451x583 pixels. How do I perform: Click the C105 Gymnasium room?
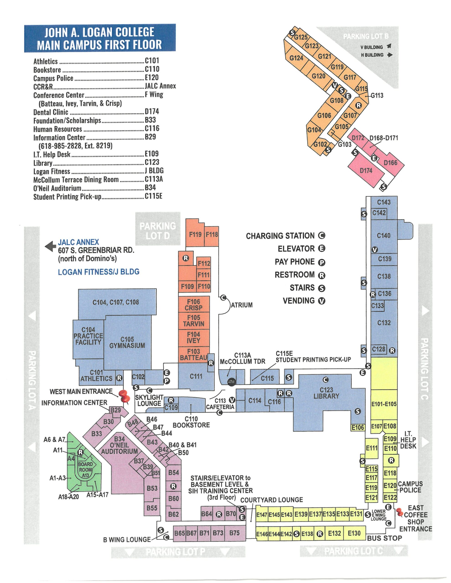(127, 343)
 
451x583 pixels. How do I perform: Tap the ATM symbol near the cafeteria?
(231, 382)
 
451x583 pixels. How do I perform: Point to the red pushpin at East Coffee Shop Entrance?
(399, 512)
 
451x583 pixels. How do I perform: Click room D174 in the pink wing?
(366, 171)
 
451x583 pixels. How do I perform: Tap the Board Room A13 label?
(85, 470)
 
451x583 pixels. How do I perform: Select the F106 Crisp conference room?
(194, 304)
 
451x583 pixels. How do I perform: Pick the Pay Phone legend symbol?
(322, 262)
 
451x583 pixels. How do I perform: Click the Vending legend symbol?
(322, 301)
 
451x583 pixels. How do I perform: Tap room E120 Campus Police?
(390, 486)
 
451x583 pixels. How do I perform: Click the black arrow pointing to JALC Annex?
(50, 246)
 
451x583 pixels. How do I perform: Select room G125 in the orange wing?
(301, 37)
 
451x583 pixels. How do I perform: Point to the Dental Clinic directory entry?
(51, 112)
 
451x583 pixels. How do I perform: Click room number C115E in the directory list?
(153, 196)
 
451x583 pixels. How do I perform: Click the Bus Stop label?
(384, 538)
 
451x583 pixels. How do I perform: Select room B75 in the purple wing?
(234, 533)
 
